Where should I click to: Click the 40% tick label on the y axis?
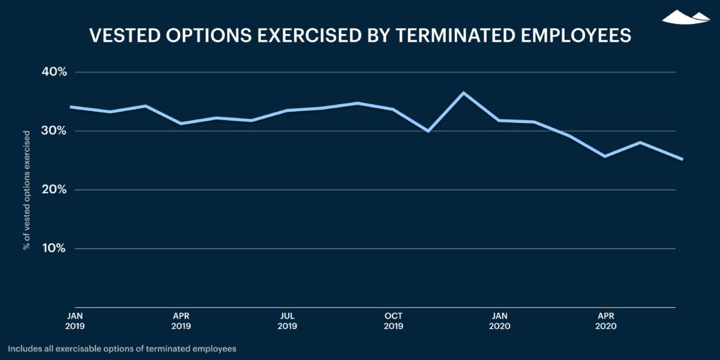53,72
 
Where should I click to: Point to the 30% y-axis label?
53,131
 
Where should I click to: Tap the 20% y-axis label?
53,190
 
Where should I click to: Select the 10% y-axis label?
53,248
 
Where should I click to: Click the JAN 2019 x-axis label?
75,321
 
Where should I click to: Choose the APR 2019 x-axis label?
181,321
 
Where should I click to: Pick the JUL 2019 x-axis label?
287,321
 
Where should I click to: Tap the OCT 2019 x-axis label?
393,321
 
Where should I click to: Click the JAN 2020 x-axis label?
499,321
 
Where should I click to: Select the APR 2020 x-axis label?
605,321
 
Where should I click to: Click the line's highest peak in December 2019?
463,93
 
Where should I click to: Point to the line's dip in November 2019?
428,131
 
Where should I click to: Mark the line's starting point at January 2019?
70,107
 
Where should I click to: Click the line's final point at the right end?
674,159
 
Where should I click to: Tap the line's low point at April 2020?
605,156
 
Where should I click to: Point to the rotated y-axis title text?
27,190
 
